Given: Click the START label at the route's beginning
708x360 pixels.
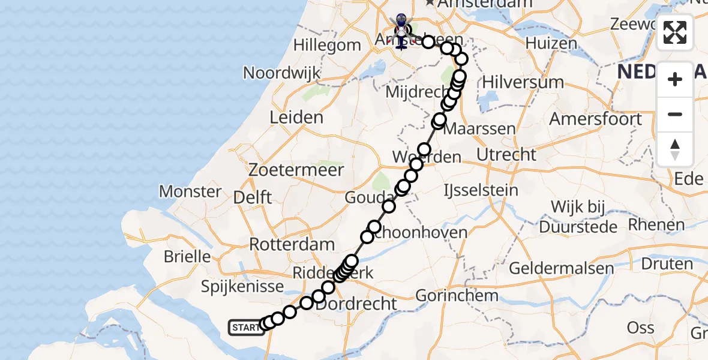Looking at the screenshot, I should pos(246,328).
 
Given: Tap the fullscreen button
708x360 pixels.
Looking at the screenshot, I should pos(675,32).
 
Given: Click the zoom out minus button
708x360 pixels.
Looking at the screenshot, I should pos(675,115).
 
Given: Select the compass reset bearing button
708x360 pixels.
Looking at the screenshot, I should pos(675,149).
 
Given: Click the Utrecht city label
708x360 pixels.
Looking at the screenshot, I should pos(506,155).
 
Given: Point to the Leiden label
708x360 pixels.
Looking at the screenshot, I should pos(296,118).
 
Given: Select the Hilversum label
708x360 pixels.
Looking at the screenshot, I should pos(514,82).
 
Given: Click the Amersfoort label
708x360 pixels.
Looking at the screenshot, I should pos(596,119).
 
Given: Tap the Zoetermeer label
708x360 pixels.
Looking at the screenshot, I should pos(298,170).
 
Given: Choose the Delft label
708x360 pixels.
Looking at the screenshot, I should pos(252,197).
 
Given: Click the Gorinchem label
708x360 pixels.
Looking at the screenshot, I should pos(457,295).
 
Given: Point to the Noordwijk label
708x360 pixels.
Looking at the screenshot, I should pos(281,73).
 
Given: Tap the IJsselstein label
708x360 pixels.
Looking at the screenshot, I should pos(480,191).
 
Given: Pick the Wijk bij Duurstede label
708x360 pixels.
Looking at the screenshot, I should pos(578,217).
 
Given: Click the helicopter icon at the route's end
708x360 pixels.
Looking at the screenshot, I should pos(401,27).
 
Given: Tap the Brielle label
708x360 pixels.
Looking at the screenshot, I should pos(188,257).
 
